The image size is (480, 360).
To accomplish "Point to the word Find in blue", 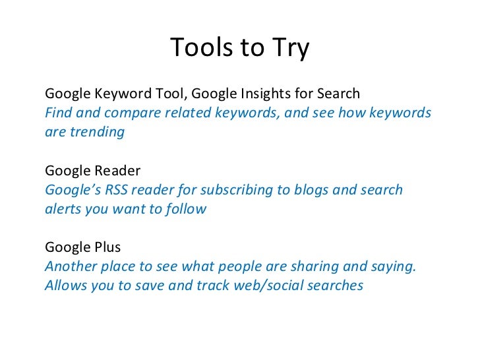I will coord(57,112).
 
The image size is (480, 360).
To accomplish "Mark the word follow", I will coord(186,209).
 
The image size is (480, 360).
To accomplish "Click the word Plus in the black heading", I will coord(105,248).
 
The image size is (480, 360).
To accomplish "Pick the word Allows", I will coord(64,286).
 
